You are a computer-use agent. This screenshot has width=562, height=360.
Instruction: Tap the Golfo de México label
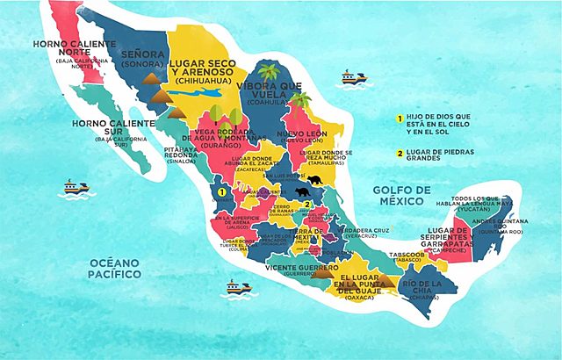coord(401,195)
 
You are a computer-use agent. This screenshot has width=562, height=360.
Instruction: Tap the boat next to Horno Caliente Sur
coord(75,187)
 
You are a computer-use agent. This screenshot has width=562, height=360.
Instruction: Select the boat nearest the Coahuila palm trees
coord(350,77)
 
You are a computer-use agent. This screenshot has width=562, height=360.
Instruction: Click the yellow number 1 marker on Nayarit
coord(223,191)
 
